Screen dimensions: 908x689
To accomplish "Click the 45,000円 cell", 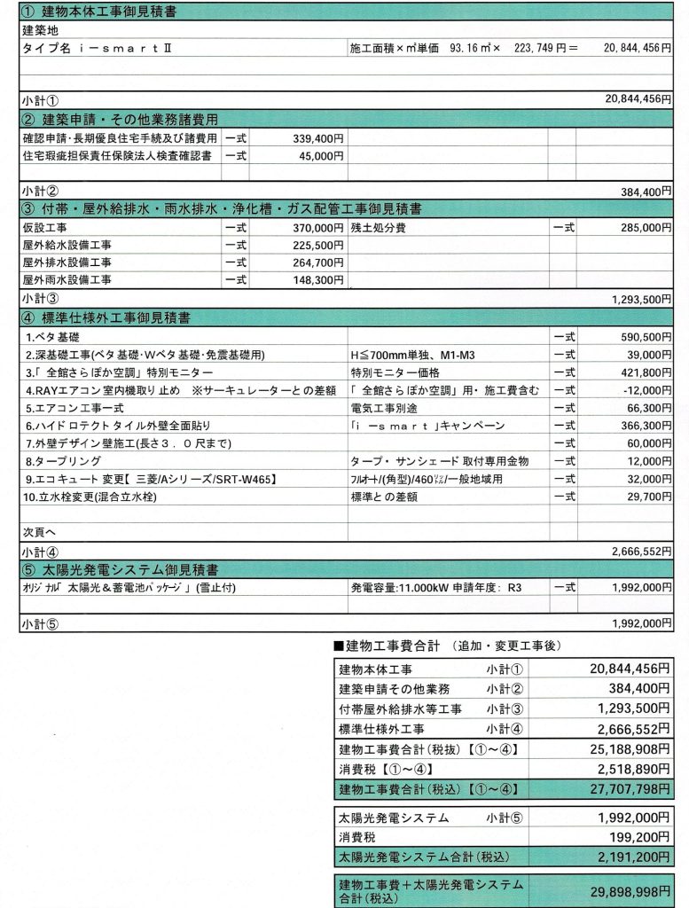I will coord(321,155).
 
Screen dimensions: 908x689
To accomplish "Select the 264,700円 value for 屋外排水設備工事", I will coord(317,262).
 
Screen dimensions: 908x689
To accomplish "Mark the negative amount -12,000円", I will coord(640,390).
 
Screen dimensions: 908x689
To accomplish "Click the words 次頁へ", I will coord(37,533).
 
